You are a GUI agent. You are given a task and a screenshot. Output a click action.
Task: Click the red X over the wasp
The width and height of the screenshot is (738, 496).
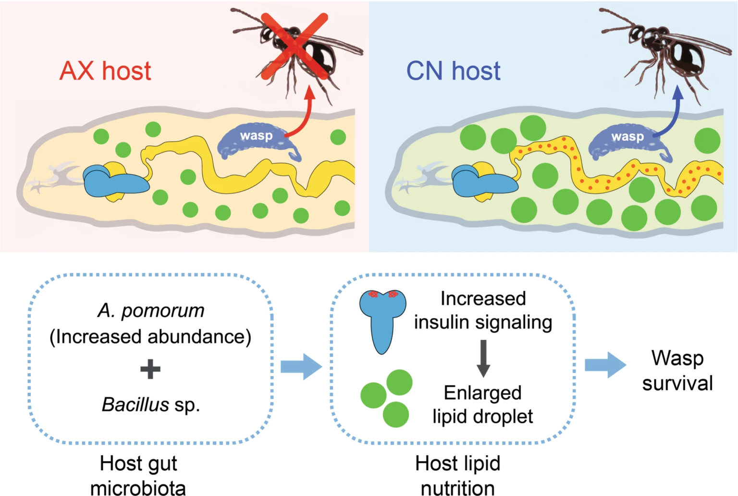(295, 46)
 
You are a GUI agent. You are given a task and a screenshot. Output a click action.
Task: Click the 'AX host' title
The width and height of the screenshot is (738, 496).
(105, 71)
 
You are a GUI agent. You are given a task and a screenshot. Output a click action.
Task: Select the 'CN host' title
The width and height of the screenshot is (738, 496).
(453, 71)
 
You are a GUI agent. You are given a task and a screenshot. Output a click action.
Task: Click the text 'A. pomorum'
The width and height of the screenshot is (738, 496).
(151, 311)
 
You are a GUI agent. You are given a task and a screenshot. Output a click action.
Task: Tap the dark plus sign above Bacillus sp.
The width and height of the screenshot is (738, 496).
(150, 369)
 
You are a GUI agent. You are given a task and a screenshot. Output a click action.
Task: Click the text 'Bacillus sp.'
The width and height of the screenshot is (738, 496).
(151, 405)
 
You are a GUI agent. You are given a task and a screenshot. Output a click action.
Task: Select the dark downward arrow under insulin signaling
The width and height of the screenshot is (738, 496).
(483, 358)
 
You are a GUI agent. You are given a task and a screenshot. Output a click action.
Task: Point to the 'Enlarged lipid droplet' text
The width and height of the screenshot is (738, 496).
(482, 404)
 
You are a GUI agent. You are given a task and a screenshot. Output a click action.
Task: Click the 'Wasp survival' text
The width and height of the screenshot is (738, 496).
(677, 370)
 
